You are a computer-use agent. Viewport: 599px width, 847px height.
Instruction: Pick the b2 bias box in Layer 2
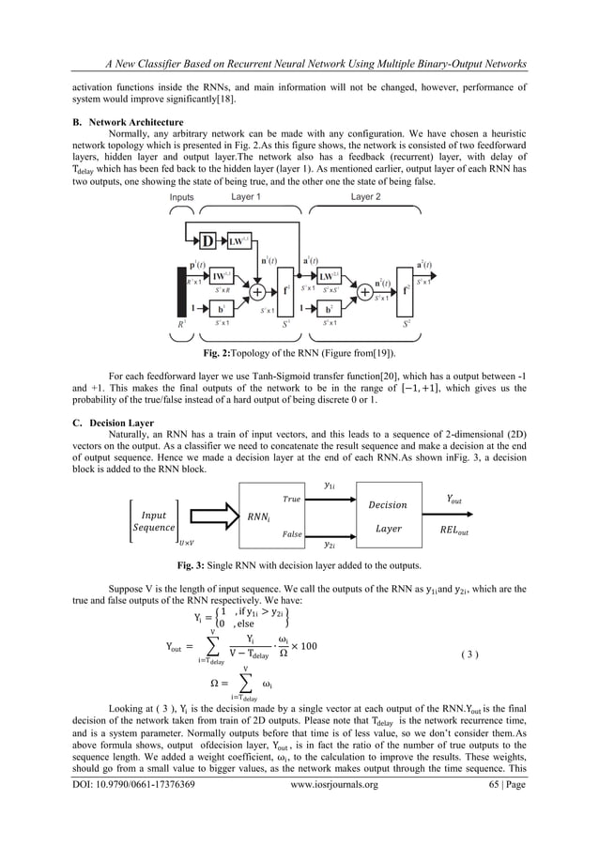pos(330,308)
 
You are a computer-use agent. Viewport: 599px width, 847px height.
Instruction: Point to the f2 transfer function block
pos(407,291)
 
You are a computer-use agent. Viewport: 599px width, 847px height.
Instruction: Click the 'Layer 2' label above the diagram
pos(365,197)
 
